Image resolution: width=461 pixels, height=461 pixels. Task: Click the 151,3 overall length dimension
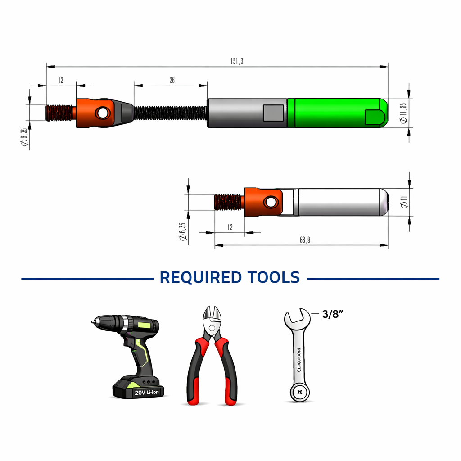click(x=237, y=62)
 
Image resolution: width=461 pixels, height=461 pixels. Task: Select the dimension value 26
click(x=172, y=81)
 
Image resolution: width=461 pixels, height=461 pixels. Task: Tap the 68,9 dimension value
click(x=305, y=240)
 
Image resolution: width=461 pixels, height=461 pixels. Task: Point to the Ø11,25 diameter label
click(x=403, y=113)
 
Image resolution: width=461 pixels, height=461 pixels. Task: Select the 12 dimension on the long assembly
click(x=61, y=81)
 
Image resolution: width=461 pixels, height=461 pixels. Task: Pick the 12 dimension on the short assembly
click(x=230, y=228)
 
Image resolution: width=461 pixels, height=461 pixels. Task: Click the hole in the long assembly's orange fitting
click(x=103, y=113)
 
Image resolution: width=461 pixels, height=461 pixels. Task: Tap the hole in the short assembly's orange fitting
click(x=271, y=202)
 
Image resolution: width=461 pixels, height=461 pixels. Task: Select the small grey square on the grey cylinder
click(x=273, y=113)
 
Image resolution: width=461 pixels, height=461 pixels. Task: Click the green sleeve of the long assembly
click(x=335, y=113)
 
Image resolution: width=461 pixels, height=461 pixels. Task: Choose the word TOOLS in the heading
click(x=273, y=277)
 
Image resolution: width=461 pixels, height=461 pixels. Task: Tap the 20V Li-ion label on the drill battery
click(x=146, y=392)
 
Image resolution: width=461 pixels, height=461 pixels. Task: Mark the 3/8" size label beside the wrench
click(x=333, y=314)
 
